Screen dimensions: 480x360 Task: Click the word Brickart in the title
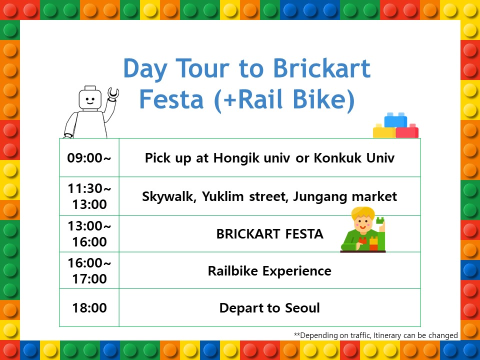pos(321,68)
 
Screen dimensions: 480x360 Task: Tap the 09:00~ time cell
pos(89,158)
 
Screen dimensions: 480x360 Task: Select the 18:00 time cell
pos(89,307)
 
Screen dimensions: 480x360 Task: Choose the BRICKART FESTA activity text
pos(269,234)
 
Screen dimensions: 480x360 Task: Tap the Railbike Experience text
pos(269,271)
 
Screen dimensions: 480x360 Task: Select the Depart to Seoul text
pos(269,308)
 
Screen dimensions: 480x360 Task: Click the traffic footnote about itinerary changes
pos(375,335)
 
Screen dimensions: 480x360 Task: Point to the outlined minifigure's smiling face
pos(90,99)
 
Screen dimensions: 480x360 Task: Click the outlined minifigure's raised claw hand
pos(113,93)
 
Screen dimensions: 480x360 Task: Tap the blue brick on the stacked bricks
pos(395,119)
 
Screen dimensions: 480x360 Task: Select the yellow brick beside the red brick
pos(384,131)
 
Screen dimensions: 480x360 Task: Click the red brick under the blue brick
pos(407,131)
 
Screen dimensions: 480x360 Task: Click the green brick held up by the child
pos(380,220)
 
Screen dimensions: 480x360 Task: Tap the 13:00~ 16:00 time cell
pos(89,234)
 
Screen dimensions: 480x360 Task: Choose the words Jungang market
pos(345,196)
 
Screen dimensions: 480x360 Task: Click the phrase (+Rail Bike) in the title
pos(284,99)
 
